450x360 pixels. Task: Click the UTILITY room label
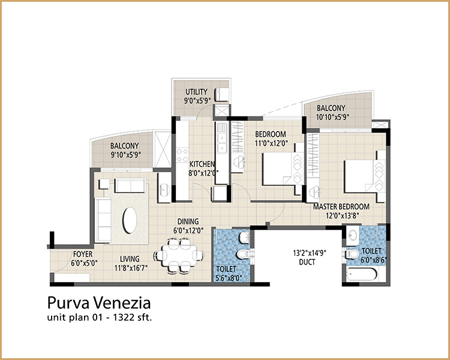pos(196,92)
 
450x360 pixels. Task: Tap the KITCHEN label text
pos(202,164)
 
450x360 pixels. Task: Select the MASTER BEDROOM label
pos(341,206)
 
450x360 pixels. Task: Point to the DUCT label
pos(307,262)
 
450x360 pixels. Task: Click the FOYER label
pos(83,254)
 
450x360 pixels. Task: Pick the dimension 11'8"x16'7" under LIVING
pos(131,268)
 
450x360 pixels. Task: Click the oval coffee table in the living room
pos(130,220)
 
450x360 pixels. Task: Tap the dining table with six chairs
pos(179,255)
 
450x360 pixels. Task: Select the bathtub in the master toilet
pos(362,275)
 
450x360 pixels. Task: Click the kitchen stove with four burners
pos(182,155)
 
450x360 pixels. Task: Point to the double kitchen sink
pos(221,138)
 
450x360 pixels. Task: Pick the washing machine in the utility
pos(221,94)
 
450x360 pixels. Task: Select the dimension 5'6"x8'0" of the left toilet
pos(229,278)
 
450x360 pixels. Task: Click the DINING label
pos(188,221)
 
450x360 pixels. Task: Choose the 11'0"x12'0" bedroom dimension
pos(271,143)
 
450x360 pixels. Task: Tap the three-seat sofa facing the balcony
pos(130,185)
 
